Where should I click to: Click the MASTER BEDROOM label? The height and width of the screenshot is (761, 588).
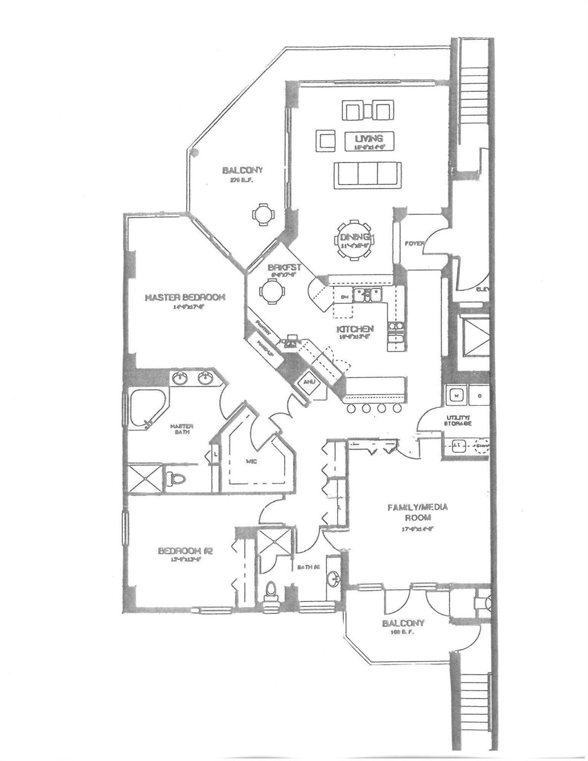pos(185,297)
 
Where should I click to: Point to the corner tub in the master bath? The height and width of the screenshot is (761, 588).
pos(146,406)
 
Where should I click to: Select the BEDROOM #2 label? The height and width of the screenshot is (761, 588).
pos(185,550)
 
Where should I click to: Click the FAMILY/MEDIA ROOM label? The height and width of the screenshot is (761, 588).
pos(417,512)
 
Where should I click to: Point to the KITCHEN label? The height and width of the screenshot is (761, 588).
pos(355,329)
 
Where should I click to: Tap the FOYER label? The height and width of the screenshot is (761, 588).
pos(414,243)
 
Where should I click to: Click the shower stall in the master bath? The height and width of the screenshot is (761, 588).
pos(145,478)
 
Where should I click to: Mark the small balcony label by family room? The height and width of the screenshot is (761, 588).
pos(403,623)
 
